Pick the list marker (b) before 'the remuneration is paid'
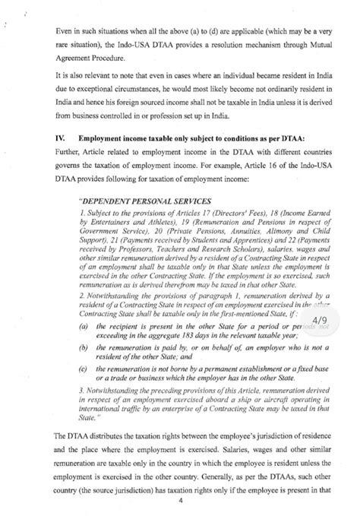[x=82, y=348]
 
